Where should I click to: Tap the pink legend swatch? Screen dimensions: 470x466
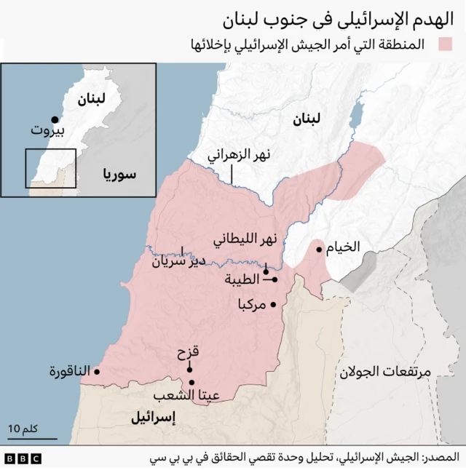pos(445,44)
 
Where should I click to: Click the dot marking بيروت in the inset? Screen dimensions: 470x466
pos(54,119)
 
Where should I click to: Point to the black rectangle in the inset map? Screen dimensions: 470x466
pos(51,169)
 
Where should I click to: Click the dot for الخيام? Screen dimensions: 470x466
pos(319,250)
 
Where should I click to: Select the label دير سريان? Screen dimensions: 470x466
pos(178,262)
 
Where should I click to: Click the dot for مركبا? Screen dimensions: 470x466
pos(273,304)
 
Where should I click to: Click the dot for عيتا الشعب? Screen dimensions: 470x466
pos(191,383)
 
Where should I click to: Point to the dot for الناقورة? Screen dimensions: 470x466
pos(97,372)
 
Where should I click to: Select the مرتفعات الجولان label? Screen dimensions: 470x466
pos(384,371)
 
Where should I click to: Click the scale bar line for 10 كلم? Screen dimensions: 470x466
pos(32,439)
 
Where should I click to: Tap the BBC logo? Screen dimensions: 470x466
pos(23,458)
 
